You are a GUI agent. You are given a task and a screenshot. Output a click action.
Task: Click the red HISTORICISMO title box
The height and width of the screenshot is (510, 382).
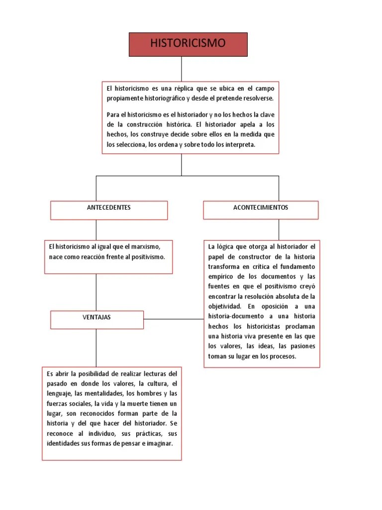188,44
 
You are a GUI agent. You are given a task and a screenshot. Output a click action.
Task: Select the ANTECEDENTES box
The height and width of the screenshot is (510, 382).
109,210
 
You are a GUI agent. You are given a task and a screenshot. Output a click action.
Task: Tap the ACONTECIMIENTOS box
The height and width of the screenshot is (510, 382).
261,210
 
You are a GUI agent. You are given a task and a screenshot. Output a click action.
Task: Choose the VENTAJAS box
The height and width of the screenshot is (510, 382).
97,320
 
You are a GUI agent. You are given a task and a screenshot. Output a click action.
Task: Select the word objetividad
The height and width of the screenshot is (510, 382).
225,306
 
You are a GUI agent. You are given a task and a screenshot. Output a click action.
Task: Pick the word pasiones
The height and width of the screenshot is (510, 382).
303,346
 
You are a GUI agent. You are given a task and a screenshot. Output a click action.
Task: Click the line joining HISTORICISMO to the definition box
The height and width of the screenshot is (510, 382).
182,69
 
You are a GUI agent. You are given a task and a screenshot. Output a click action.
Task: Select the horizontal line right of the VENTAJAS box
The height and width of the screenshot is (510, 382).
174,319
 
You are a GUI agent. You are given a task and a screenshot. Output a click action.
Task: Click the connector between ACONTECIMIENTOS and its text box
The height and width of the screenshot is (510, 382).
279,230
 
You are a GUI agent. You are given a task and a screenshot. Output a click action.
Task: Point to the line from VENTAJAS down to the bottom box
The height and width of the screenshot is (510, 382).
96,348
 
